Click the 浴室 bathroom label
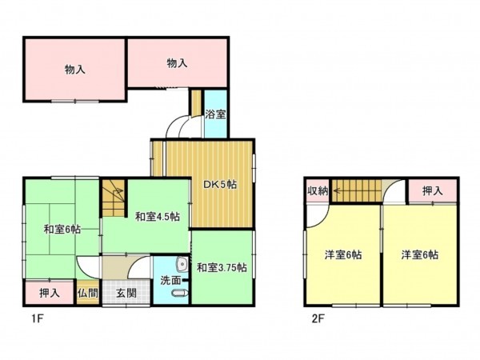tap(215, 114)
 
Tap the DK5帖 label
tap(218, 185)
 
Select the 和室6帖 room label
tap(62, 230)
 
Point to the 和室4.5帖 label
tap(157, 217)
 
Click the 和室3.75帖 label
tap(222, 266)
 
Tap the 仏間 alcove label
tap(88, 293)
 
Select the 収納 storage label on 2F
tap(318, 190)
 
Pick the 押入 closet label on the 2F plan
tap(432, 190)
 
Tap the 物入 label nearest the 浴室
tap(177, 62)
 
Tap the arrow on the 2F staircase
tap(338, 190)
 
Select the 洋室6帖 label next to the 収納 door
tap(342, 255)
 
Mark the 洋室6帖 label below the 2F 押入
tap(420, 255)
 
